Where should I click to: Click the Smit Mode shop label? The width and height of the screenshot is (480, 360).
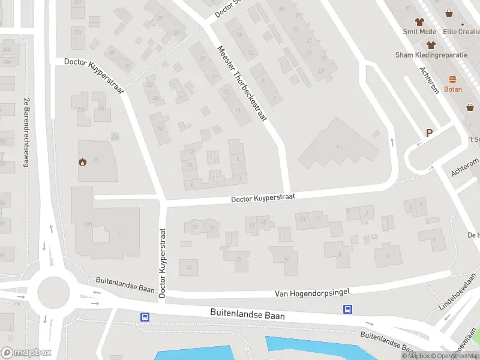(419, 31)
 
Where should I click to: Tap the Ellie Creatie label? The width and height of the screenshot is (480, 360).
(461, 31)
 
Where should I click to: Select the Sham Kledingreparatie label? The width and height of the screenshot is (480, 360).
(431, 55)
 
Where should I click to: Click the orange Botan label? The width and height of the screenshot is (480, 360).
(453, 89)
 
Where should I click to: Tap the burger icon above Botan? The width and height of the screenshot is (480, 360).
(453, 79)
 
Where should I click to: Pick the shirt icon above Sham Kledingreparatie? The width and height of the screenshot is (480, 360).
(431, 44)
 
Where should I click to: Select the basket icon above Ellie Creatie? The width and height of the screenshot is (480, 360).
(449, 13)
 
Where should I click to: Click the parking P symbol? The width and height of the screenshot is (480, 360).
(429, 133)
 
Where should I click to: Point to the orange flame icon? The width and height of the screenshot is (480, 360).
(82, 161)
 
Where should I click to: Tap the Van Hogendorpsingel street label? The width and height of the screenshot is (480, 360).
(312, 292)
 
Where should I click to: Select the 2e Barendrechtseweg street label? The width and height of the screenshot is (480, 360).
(26, 126)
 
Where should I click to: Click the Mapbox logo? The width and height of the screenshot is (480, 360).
(26, 353)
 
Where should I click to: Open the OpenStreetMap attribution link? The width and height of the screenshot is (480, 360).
(454, 356)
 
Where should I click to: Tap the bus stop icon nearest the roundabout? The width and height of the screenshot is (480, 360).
(145, 317)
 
